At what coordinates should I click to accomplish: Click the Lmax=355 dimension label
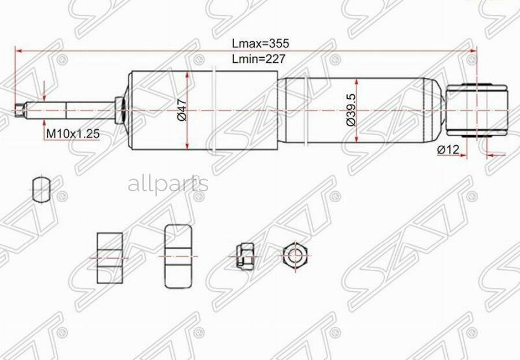(260, 43)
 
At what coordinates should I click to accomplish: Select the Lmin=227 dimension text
(259, 58)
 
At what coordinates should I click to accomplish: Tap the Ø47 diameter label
(181, 110)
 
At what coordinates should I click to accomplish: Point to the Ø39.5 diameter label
(350, 110)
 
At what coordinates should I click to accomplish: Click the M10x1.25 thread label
(73, 133)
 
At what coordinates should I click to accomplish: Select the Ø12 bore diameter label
(448, 150)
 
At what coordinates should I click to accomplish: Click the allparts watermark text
(168, 184)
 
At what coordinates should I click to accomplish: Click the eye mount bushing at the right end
(477, 109)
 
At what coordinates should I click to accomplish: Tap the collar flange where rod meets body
(119, 109)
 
